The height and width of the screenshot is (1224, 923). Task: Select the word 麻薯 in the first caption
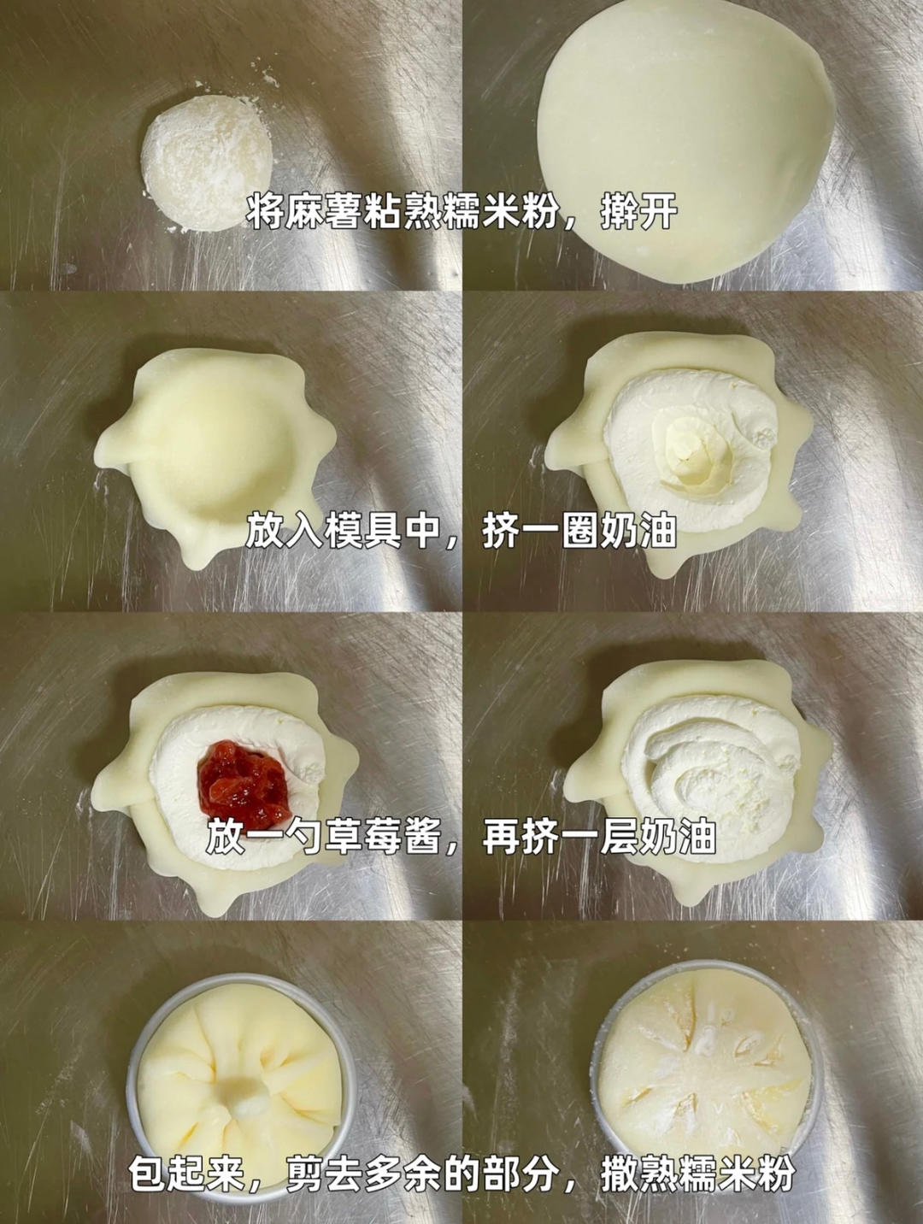(313, 211)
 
